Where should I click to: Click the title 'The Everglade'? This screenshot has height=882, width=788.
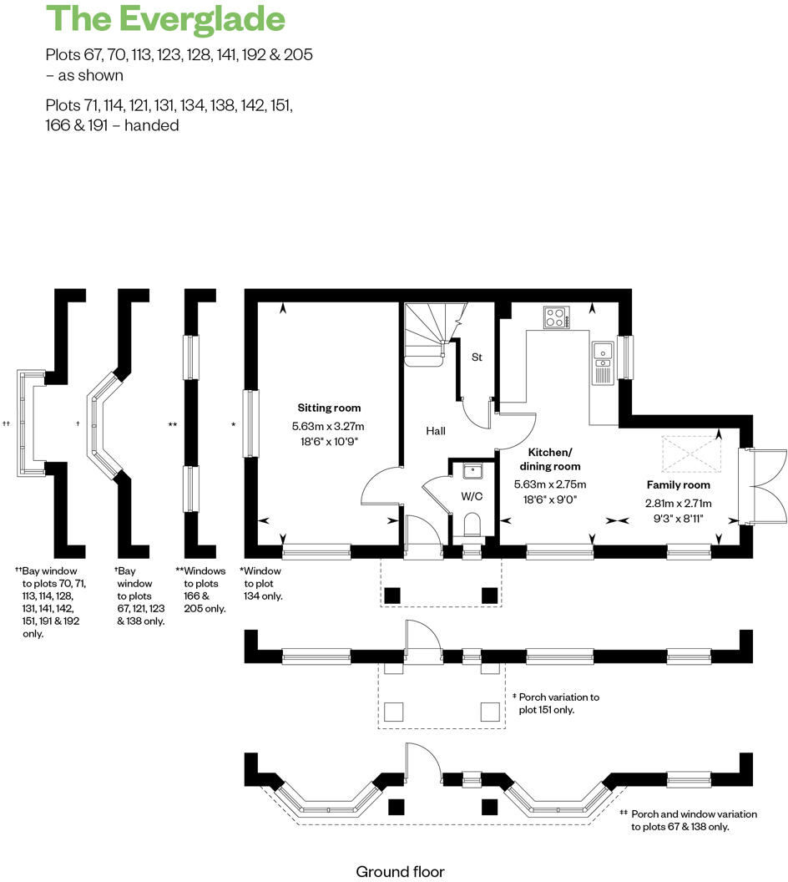(165, 18)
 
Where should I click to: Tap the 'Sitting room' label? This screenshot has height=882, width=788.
(330, 408)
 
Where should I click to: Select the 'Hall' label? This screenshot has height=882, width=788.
(435, 431)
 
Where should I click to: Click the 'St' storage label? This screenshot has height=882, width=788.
(477, 357)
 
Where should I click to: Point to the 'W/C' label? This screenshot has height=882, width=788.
(472, 496)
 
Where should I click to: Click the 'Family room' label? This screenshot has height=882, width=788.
(679, 484)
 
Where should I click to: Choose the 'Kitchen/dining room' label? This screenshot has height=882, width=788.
(550, 459)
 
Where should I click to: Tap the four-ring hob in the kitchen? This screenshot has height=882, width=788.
(556, 317)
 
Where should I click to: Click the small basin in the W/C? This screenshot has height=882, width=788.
(473, 470)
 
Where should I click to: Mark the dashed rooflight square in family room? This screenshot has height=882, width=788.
(689, 453)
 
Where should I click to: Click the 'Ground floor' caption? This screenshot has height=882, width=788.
(401, 872)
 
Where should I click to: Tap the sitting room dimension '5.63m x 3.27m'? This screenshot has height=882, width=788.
(330, 426)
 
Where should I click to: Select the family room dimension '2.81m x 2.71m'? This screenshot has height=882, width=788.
(678, 503)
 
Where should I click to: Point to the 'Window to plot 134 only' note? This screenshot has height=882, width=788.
(262, 583)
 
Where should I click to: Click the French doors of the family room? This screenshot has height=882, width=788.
(762, 484)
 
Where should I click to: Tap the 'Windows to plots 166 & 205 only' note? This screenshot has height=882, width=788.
(200, 590)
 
